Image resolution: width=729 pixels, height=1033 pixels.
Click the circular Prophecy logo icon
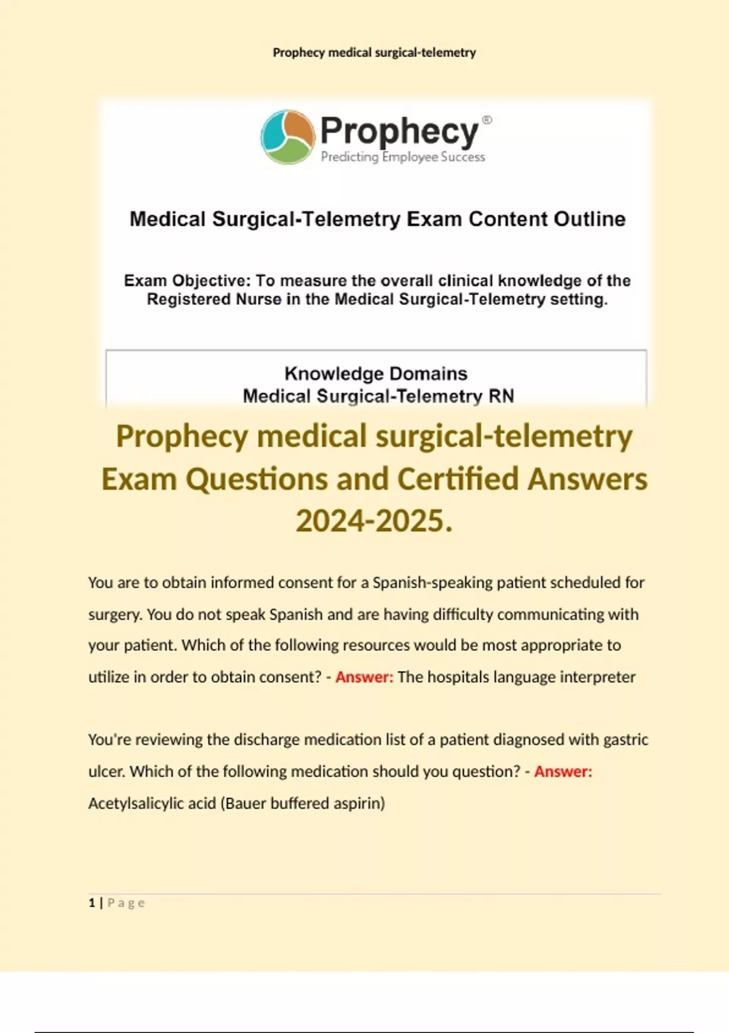tap(287, 137)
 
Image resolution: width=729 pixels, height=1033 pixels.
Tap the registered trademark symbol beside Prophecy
tap(487, 120)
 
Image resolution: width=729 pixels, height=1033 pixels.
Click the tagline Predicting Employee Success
tap(403, 157)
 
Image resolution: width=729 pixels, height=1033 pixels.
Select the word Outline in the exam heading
tap(589, 219)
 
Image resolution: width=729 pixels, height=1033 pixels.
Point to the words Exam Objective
tap(187, 281)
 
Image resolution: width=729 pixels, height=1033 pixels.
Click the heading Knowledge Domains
tap(375, 373)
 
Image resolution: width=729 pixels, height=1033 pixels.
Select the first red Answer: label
tap(364, 677)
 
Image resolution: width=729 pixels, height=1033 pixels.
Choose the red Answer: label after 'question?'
tap(563, 772)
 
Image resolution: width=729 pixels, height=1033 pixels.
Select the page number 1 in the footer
tap(92, 903)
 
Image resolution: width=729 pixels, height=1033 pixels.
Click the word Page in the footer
tap(126, 903)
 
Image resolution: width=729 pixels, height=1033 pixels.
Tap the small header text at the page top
tap(374, 53)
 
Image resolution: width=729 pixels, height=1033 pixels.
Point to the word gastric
tap(626, 740)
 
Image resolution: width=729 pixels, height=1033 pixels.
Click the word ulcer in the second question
tap(106, 772)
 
